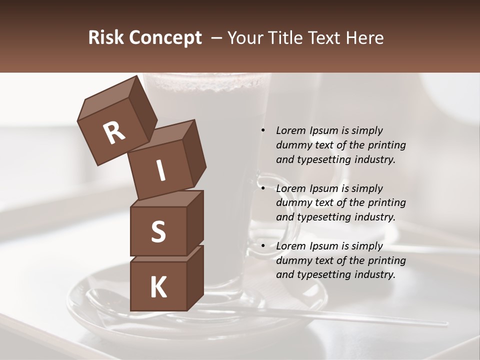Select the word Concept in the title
[164, 38]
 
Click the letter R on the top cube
[114, 133]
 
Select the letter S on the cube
[158, 231]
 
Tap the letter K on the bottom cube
[158, 287]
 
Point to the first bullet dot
[263, 130]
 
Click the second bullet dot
[263, 188]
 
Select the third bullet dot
[263, 246]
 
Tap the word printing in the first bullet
[386, 145]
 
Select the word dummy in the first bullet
[293, 145]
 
